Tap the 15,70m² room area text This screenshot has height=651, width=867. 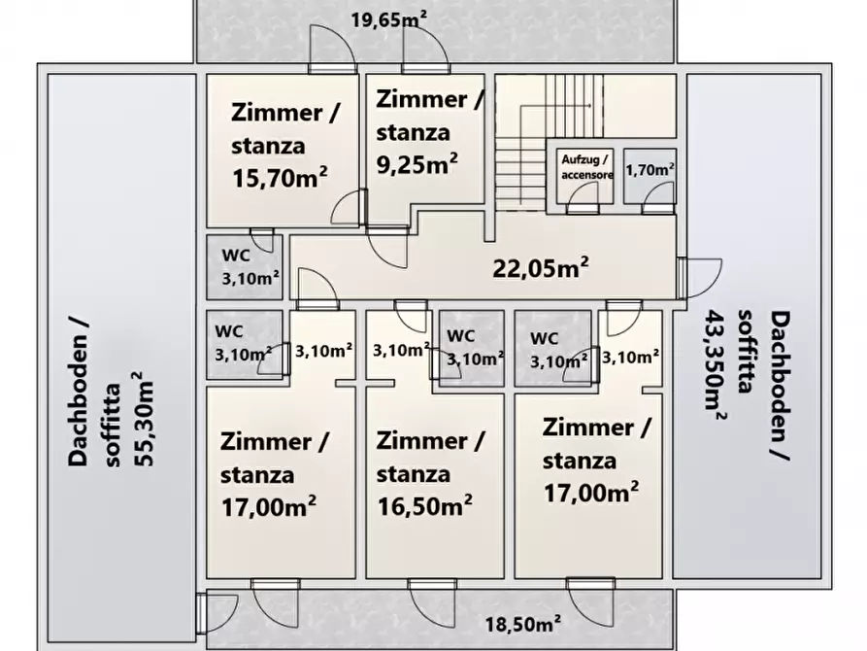coord(279,177)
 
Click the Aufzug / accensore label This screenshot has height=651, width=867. coord(585,166)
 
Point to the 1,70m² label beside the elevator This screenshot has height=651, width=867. coord(650,169)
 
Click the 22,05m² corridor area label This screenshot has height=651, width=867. coord(543,269)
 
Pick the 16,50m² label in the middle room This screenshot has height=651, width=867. coord(423,506)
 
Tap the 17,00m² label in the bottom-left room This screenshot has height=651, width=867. coord(268,506)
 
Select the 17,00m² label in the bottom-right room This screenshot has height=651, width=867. coord(590,492)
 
